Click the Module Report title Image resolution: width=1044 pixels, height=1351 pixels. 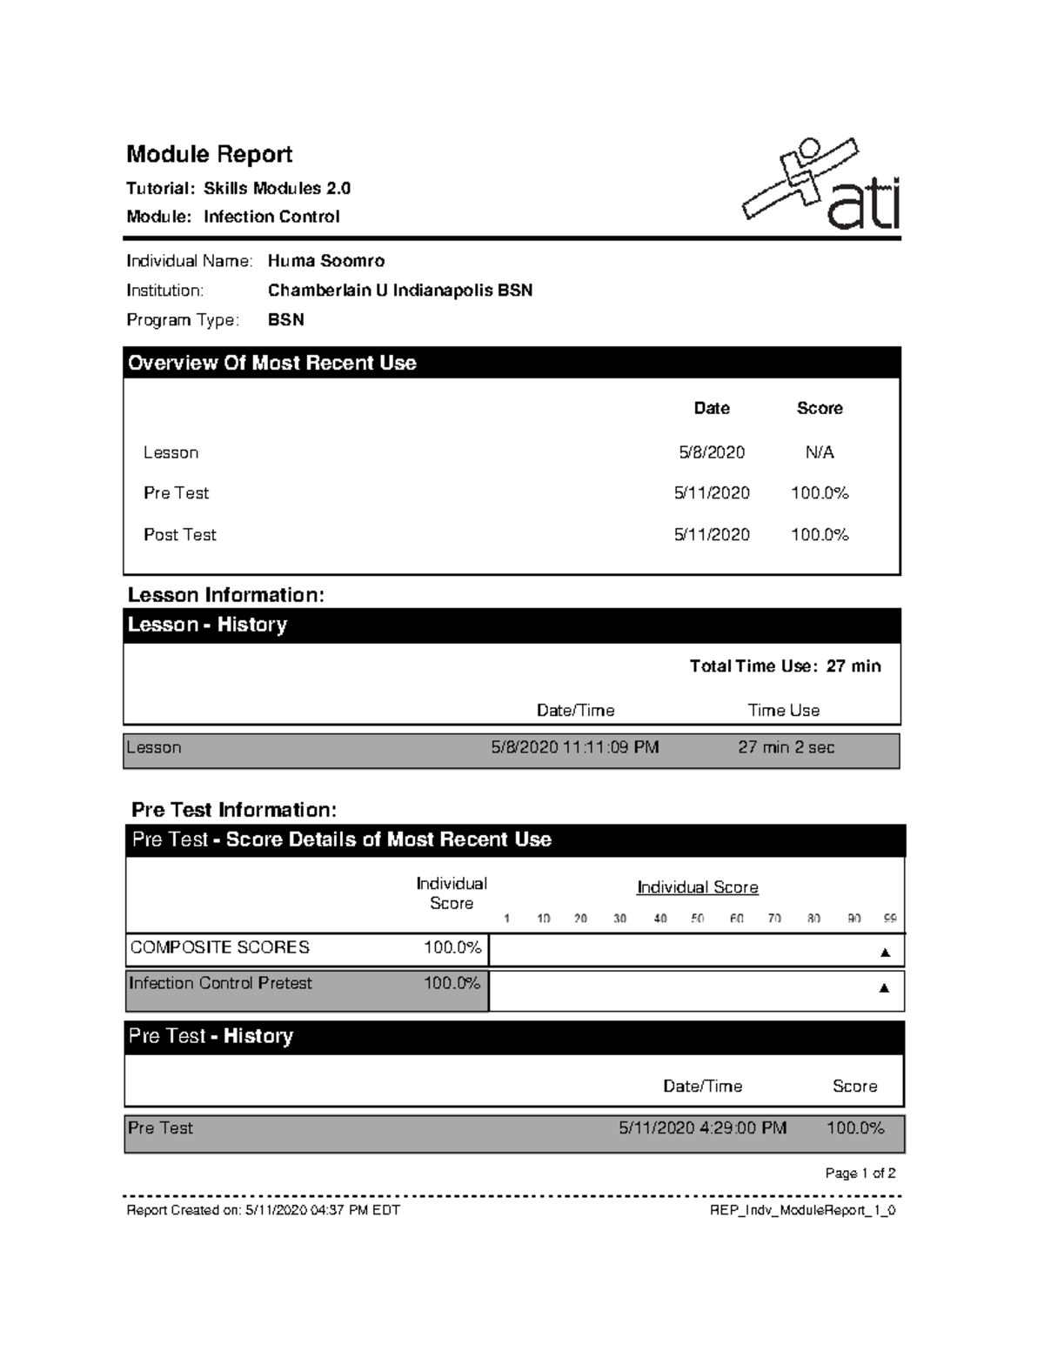tap(209, 155)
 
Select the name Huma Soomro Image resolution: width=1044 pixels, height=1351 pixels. tap(325, 261)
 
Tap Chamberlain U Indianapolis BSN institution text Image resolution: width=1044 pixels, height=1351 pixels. tap(399, 291)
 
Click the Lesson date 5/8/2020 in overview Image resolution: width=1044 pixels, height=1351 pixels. tap(712, 452)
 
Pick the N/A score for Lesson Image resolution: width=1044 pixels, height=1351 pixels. tap(819, 452)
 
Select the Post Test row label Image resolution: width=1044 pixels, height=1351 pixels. tap(179, 535)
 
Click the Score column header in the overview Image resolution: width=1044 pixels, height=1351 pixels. tap(819, 408)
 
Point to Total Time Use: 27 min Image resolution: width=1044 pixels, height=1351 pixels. tap(785, 666)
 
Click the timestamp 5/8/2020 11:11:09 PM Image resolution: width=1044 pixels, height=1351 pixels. tap(574, 747)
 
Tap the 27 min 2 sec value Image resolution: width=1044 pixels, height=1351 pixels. tap(786, 747)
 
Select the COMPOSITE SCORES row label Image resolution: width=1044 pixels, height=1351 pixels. tap(219, 947)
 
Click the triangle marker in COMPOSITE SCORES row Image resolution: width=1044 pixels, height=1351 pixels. tap(885, 953)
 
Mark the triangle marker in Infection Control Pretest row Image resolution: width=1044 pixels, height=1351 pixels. tap(884, 988)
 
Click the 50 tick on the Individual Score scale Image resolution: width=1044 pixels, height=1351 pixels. tap(697, 919)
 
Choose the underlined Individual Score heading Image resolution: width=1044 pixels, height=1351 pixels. tap(697, 887)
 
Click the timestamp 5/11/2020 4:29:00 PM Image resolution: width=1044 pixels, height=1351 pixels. tap(702, 1128)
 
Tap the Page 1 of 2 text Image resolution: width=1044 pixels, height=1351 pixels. tap(860, 1174)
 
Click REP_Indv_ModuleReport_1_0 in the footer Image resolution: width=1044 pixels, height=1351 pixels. tap(802, 1210)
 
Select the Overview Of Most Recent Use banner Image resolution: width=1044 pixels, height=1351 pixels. tap(271, 364)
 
